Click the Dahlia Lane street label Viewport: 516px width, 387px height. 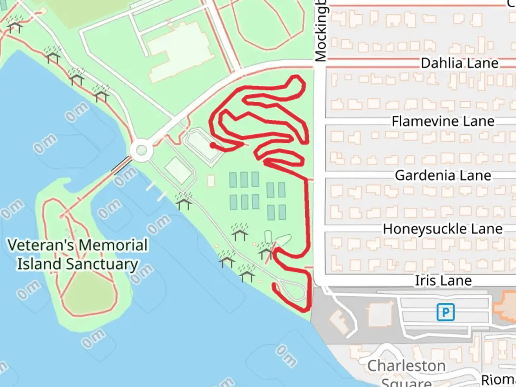(459, 63)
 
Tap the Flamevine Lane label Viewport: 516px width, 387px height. (443, 121)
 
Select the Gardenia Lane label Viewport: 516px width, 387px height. (443, 175)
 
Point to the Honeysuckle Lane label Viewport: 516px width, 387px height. (443, 229)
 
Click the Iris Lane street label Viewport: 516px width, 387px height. (443, 281)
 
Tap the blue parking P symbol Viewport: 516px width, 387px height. (445, 312)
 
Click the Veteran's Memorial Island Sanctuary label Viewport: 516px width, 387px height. (77, 254)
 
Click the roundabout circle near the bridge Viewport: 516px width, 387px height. (141, 150)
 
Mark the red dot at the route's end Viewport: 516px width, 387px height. (213, 145)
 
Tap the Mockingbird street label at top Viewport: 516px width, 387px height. (321, 30)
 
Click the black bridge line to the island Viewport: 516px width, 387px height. (121, 165)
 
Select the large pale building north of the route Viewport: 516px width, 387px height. (179, 50)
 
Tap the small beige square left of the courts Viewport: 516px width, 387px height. (211, 181)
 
